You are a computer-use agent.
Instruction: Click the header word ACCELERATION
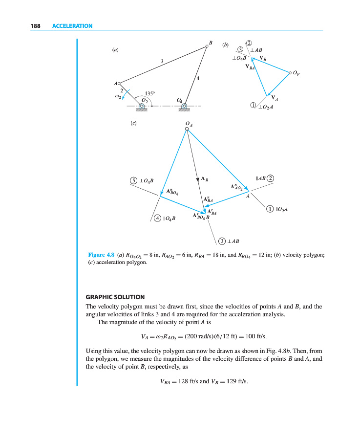click(x=72, y=26)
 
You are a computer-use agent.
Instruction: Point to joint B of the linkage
click(x=207, y=47)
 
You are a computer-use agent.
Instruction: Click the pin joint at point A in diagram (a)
click(x=119, y=83)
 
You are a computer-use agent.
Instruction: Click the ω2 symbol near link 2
click(x=117, y=96)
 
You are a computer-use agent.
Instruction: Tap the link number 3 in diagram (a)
click(x=162, y=61)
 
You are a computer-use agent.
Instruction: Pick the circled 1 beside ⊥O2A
click(x=253, y=106)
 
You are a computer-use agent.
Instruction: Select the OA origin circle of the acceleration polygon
click(x=187, y=129)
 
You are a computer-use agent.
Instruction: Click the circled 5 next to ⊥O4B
click(x=133, y=180)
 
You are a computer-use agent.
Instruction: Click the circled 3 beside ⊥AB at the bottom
click(x=222, y=241)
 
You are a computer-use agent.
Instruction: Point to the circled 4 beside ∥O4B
click(x=157, y=218)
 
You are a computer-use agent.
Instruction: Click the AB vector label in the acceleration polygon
click(x=205, y=179)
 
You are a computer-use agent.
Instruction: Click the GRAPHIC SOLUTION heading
click(x=115, y=297)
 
